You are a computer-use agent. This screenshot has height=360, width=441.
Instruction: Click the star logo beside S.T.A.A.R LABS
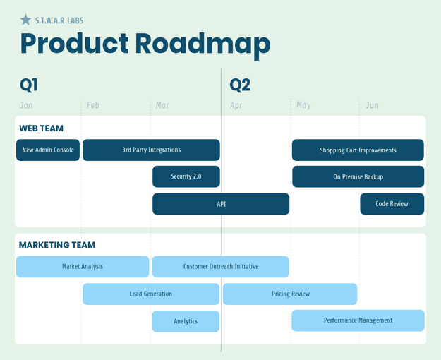click(x=25, y=20)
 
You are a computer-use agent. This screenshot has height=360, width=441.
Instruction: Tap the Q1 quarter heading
click(x=29, y=85)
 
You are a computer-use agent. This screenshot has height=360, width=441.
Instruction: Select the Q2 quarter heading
click(x=240, y=85)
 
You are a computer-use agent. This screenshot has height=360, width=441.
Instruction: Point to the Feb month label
click(x=93, y=105)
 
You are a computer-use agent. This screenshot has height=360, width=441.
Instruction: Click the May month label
click(x=303, y=105)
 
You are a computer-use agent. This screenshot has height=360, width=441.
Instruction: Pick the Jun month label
click(x=372, y=105)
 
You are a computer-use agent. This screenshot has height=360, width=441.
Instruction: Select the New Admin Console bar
click(x=48, y=150)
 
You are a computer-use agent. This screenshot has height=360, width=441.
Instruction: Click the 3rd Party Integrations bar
click(x=151, y=150)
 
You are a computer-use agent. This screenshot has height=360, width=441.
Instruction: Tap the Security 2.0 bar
click(x=186, y=176)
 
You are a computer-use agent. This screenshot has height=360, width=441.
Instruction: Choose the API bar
click(x=221, y=204)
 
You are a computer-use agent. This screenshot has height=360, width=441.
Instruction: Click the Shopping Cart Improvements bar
click(x=358, y=150)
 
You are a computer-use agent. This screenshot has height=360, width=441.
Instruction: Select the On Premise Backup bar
click(x=358, y=176)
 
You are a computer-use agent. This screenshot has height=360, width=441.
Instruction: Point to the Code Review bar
click(x=392, y=204)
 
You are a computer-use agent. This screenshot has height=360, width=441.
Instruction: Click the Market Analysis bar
click(x=83, y=267)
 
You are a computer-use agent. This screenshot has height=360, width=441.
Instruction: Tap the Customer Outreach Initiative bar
click(x=220, y=267)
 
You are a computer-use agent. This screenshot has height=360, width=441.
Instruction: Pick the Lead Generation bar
click(x=151, y=294)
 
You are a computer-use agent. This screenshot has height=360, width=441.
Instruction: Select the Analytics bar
click(x=186, y=321)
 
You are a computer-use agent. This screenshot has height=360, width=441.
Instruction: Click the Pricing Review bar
click(x=290, y=294)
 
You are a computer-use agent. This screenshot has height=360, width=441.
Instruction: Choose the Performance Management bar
click(x=358, y=320)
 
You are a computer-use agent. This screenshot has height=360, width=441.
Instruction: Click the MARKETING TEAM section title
click(x=57, y=245)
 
